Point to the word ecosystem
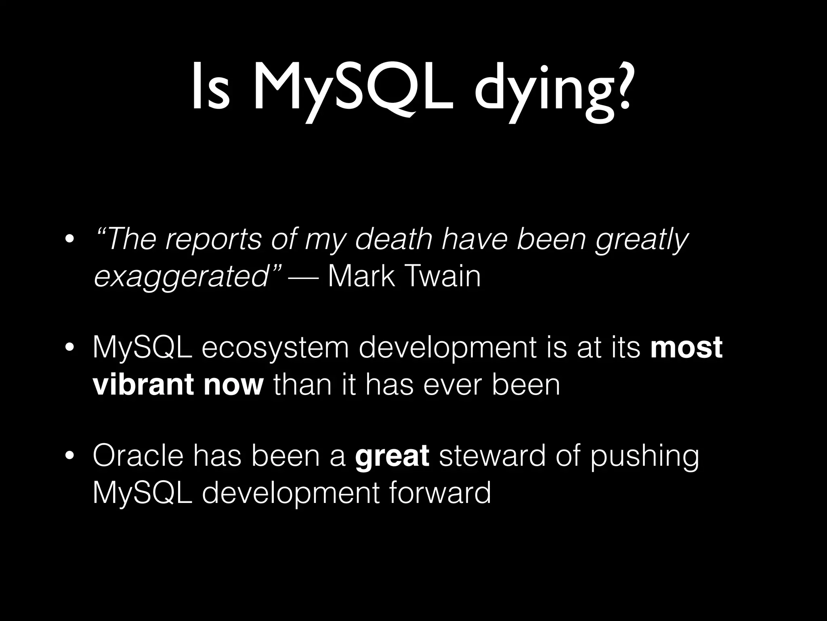(275, 349)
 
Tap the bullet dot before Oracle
(69, 456)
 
